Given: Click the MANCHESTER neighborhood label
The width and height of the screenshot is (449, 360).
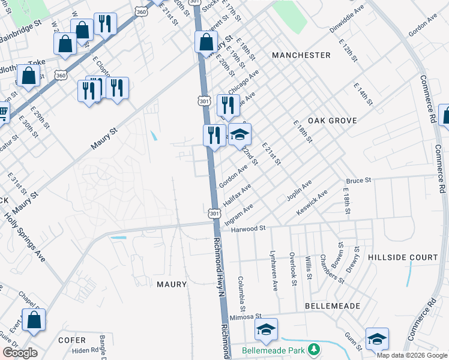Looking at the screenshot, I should [301, 55].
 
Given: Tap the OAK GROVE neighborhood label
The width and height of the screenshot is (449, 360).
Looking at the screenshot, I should [332, 121].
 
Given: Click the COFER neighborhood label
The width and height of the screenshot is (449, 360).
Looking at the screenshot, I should [72, 340].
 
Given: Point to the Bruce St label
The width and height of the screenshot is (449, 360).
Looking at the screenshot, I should [359, 180].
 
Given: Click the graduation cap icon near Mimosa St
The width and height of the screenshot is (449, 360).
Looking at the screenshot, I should [266, 329].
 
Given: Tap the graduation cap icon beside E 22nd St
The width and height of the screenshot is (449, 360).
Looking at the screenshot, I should [240, 134].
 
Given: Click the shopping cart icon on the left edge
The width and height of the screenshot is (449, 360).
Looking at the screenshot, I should [3, 111].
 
